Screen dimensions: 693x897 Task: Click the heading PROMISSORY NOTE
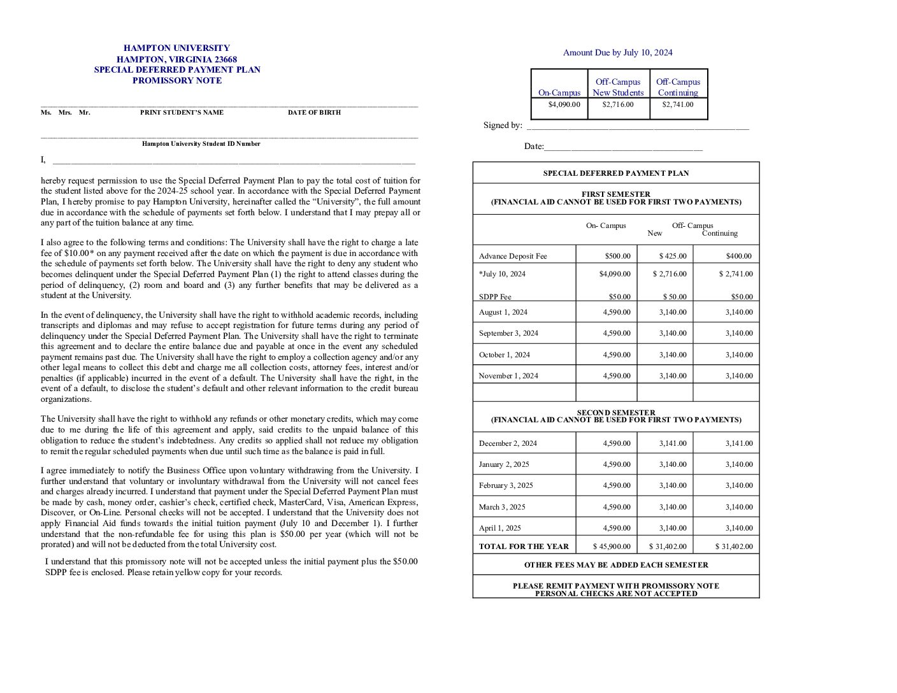point(177,81)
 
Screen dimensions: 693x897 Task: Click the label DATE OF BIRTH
point(314,113)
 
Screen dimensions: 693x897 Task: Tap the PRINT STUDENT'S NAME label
point(182,113)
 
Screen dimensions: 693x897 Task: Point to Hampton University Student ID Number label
point(201,144)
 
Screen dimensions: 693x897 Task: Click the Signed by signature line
point(637,127)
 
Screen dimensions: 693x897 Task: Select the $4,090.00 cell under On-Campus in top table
point(564,105)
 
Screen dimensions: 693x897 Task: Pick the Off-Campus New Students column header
point(618,87)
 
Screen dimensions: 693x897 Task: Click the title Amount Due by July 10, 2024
point(617,53)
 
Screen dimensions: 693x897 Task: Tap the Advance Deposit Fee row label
point(513,256)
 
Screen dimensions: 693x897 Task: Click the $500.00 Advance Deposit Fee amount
point(617,256)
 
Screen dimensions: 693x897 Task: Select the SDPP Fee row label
point(495,297)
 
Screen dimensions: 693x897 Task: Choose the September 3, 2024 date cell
point(508,333)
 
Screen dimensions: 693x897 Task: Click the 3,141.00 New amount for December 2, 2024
point(673,443)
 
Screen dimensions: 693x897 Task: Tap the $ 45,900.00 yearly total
point(612,547)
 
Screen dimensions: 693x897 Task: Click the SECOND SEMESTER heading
point(615,413)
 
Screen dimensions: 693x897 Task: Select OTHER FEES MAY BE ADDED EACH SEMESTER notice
point(615,565)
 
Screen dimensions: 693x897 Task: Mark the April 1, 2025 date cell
point(499,528)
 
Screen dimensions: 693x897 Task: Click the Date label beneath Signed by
point(534,146)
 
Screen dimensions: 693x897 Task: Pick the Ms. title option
point(46,113)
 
